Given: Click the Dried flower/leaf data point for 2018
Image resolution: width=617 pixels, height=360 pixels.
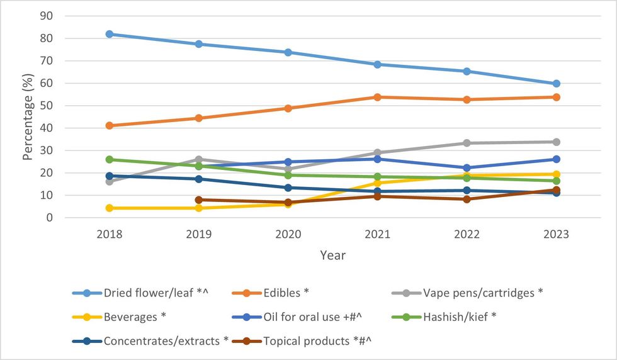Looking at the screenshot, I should click(x=110, y=34).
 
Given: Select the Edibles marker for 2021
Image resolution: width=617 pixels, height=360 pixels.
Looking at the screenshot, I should click(x=377, y=97).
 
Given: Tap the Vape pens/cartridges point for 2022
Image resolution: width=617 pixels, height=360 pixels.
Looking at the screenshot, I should click(x=467, y=143).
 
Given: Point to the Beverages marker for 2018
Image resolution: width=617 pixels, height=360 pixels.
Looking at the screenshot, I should click(x=110, y=208).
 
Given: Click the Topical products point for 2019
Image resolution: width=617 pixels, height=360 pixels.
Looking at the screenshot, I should click(x=199, y=200).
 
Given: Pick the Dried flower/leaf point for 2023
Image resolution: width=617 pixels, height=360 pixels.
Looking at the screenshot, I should click(x=556, y=84).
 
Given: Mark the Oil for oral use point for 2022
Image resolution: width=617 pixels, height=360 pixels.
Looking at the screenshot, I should click(x=467, y=168).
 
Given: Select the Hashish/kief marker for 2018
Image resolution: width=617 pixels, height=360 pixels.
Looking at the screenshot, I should click(x=110, y=159).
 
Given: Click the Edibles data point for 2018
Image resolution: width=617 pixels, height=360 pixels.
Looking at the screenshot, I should click(x=110, y=125).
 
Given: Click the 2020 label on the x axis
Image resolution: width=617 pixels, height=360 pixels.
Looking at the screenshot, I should click(x=288, y=234).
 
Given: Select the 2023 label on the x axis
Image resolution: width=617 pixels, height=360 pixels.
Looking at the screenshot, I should click(x=556, y=234).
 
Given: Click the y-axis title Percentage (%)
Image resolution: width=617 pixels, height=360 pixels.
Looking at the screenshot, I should click(x=28, y=118).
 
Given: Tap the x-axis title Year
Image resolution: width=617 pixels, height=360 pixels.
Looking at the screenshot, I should click(x=332, y=256).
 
